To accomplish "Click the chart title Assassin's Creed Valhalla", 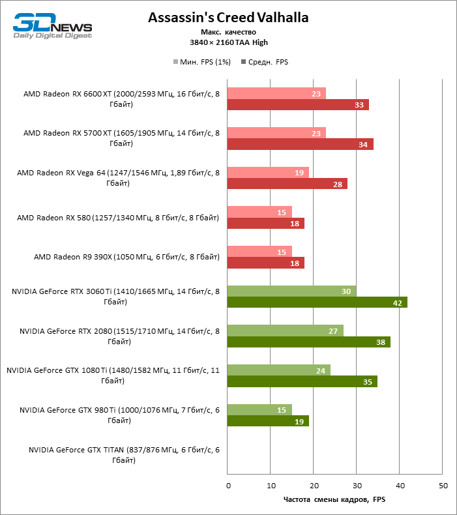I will coord(228,18).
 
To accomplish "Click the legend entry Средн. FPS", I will coord(265,62).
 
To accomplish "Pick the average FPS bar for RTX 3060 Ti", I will coord(317,302).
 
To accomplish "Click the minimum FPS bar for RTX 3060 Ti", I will coord(291,291).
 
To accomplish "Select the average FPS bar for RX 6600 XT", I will coord(298,104).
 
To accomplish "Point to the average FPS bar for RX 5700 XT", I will coord(300,144).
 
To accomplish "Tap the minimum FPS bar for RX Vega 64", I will coord(268,173).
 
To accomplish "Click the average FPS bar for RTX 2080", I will coord(308,342).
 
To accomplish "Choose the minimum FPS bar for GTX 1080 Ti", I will coord(278,370).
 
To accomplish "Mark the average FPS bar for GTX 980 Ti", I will coord(268,421).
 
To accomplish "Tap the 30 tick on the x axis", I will coord(357,486).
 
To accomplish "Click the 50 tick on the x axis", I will coord(443,486).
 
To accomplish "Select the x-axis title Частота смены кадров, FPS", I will coord(334,500).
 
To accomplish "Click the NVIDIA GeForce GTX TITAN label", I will coord(124,455).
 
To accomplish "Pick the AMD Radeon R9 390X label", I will coord(126,257).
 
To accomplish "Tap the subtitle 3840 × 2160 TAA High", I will coord(228,42).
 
